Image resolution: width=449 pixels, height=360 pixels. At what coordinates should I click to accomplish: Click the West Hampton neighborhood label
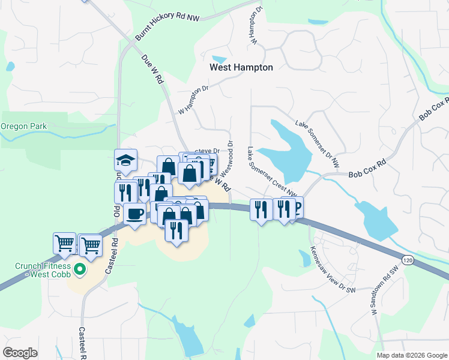pos(241,68)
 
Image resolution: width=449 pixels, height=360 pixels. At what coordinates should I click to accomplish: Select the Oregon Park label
pos(23,127)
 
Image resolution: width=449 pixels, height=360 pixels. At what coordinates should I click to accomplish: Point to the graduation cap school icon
pos(126,160)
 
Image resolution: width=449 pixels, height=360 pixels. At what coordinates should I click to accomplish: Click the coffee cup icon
pos(135,213)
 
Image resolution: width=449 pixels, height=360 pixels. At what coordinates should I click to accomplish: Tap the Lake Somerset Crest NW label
pos(273,171)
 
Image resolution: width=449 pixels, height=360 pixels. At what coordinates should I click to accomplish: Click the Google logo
pos(20,353)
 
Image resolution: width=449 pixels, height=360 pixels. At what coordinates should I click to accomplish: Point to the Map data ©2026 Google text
pos(412,355)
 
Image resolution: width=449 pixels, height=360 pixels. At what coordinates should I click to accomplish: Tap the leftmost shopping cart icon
pos(64,243)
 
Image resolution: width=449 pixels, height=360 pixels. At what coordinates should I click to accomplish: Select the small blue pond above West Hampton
pos(220,59)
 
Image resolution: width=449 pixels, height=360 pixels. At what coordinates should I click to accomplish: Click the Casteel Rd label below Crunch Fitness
pos(82,343)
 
